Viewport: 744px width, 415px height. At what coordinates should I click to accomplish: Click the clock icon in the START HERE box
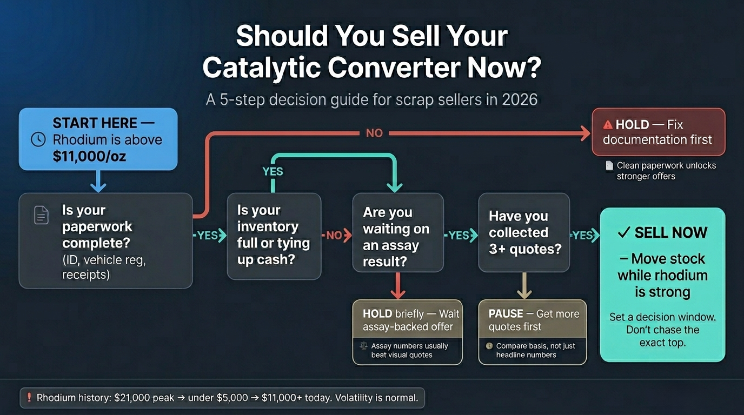38,139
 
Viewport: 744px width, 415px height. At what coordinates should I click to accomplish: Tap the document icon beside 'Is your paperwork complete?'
42,215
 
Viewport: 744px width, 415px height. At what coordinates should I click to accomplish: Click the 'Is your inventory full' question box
274,236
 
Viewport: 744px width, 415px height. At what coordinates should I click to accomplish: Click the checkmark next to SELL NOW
623,233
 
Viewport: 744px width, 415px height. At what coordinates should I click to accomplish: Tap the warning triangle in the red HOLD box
608,125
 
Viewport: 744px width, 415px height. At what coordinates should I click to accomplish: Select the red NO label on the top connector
374,133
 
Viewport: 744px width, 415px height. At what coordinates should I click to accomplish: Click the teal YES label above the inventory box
273,171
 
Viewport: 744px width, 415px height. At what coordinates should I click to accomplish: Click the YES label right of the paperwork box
207,236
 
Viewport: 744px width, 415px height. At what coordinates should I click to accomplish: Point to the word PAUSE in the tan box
506,314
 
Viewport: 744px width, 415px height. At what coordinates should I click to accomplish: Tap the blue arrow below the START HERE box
98,181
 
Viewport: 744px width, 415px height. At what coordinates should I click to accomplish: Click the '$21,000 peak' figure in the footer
144,398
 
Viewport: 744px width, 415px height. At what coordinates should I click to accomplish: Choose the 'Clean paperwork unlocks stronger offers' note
665,171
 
